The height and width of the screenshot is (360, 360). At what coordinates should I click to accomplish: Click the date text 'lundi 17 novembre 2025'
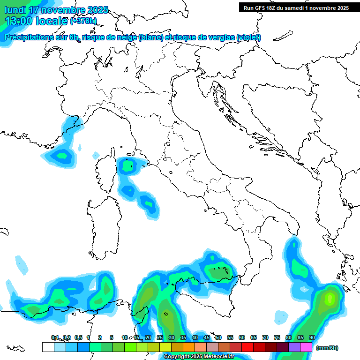point(56,10)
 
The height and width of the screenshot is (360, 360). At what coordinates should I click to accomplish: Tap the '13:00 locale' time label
point(36,21)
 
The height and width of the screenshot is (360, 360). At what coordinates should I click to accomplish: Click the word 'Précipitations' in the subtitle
point(36,37)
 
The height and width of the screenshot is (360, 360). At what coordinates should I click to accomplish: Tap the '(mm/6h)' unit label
point(327,348)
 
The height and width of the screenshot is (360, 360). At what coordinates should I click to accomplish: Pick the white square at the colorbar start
point(48,347)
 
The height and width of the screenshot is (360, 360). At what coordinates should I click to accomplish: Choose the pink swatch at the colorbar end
point(306,347)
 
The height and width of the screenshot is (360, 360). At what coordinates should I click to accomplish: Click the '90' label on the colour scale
point(312,337)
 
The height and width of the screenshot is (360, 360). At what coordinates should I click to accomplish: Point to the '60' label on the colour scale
point(241,337)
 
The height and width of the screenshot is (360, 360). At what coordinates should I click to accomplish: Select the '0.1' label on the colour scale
point(55,337)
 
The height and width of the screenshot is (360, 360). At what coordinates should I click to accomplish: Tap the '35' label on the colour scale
point(183,337)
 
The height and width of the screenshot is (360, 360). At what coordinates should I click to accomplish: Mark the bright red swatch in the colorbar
point(247,347)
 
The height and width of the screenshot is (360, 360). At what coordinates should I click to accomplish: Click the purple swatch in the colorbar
point(294,347)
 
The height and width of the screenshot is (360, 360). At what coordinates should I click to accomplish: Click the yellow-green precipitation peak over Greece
point(329,298)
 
